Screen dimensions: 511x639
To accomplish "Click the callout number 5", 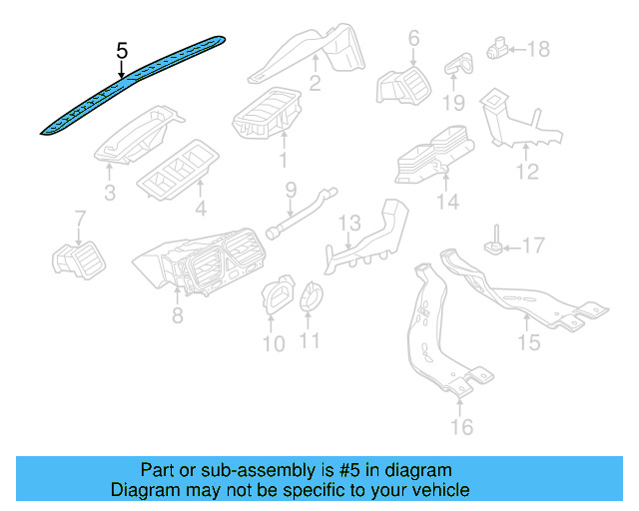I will pyautogui.click(x=122, y=49).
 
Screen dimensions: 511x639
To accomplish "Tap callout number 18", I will pyautogui.click(x=538, y=48).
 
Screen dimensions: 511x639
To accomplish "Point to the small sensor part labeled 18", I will pyautogui.click(x=498, y=46).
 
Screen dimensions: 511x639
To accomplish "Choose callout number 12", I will pyautogui.click(x=527, y=173).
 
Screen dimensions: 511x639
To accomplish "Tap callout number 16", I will pyautogui.click(x=460, y=427).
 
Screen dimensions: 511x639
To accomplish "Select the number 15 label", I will pyautogui.click(x=527, y=342).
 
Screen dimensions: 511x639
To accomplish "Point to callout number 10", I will pyautogui.click(x=274, y=344).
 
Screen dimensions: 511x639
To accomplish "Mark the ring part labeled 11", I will pyautogui.click(x=312, y=295).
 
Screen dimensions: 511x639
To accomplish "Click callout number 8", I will pyautogui.click(x=177, y=316).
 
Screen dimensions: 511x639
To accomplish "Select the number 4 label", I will pyautogui.click(x=201, y=210).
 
